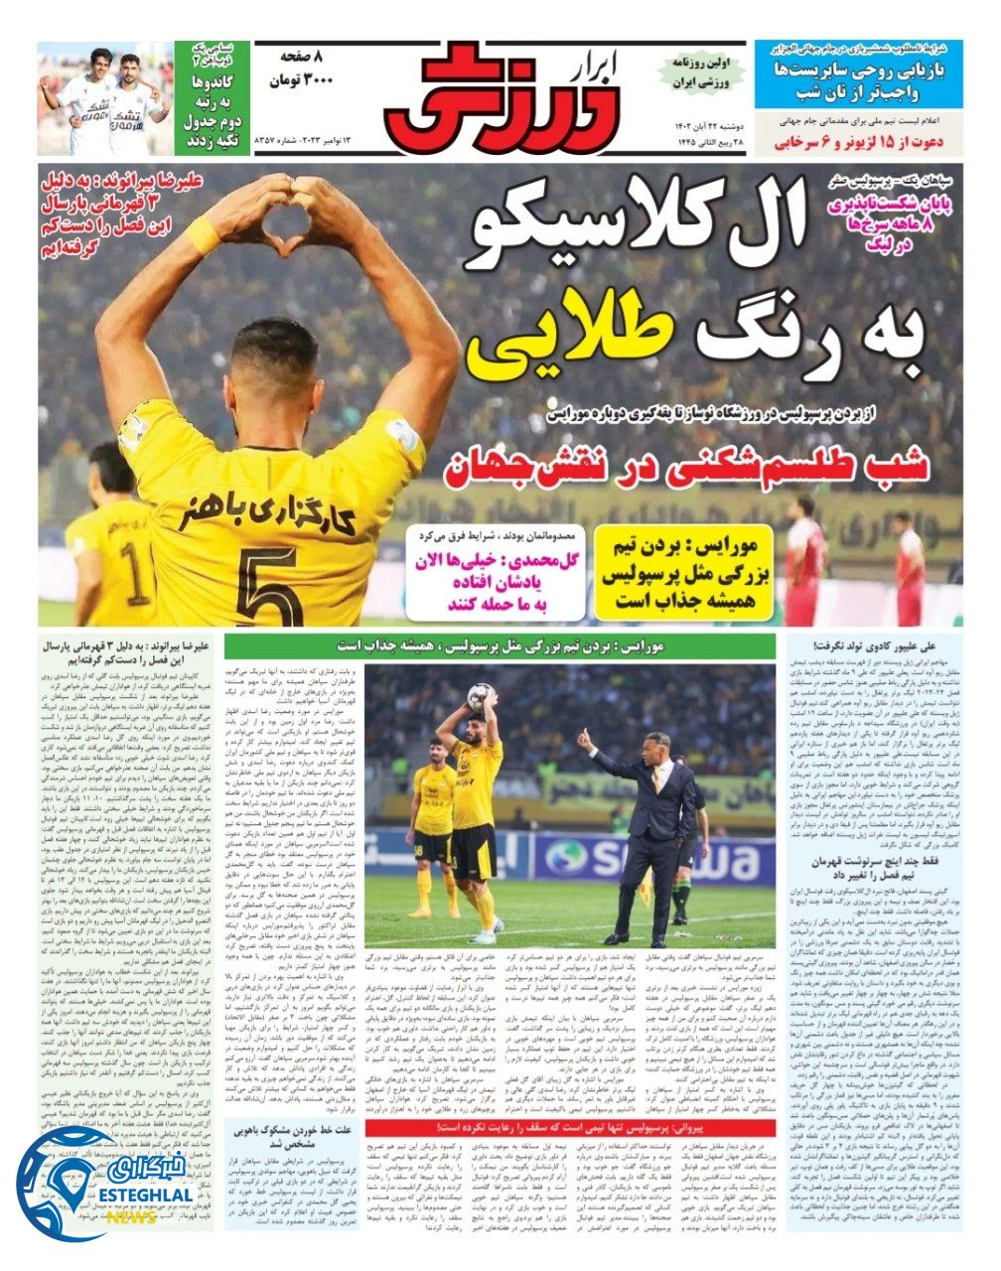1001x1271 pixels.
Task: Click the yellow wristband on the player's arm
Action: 203,234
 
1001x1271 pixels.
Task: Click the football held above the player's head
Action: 483,696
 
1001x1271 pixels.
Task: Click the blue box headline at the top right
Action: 858,74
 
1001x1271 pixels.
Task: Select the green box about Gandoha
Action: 212,97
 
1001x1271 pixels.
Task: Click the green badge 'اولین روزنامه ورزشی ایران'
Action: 701,72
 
